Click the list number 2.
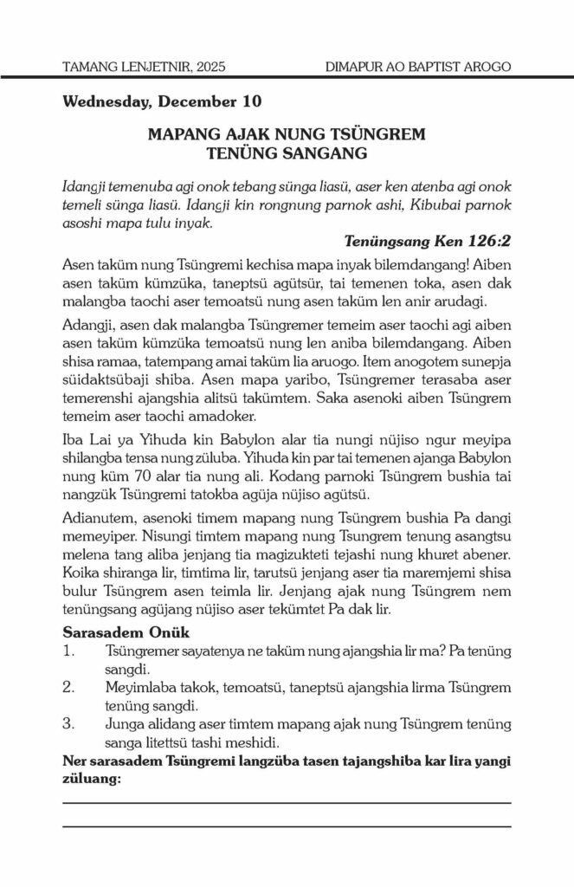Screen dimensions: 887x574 pos(70,688)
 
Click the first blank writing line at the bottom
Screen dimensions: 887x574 pos(287,803)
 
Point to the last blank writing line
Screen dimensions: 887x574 pos(287,825)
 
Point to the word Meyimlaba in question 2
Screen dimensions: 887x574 pos(139,688)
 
